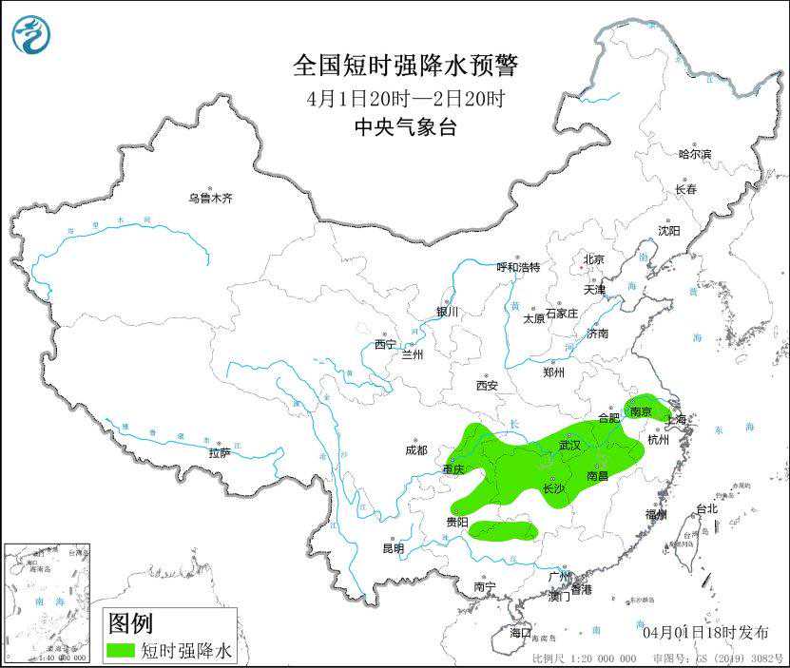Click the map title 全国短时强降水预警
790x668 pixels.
tap(406, 66)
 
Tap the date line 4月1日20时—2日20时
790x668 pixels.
tap(406, 98)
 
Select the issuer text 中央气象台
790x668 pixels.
tap(406, 127)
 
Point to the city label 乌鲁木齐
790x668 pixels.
tap(209, 199)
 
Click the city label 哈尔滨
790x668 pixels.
tap(695, 154)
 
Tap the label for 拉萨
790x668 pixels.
tap(220, 453)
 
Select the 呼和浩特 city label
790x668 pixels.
tap(518, 267)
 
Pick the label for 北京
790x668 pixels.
tap(594, 258)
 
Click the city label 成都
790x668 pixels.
tap(415, 449)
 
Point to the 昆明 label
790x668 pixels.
tap(393, 548)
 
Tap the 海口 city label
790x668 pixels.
tap(520, 633)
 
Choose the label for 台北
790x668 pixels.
tap(706, 508)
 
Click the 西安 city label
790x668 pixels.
tap(487, 386)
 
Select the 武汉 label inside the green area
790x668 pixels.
tap(569, 445)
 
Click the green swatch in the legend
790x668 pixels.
tap(121, 651)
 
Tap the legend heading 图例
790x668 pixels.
tap(130, 623)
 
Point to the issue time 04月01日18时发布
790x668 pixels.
tap(705, 632)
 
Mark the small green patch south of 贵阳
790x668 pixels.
tap(504, 530)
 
